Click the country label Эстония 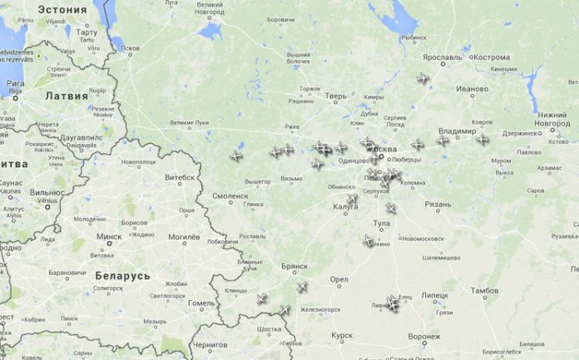tap(61, 10)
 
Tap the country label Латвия tap(67, 96)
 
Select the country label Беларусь tap(122, 275)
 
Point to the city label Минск tap(108, 236)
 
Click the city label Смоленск tap(230, 196)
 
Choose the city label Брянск tap(294, 268)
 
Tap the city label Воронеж tap(424, 337)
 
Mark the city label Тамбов tap(484, 291)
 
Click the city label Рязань tap(438, 204)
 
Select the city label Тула tap(382, 224)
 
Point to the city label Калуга tap(345, 207)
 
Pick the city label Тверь tap(336, 96)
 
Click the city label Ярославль tap(442, 58)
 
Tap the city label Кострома tap(492, 58)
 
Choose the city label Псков tap(130, 48)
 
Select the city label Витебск tap(180, 177)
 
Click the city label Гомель tap(200, 303)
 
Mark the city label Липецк tap(434, 294)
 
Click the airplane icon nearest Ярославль tap(423, 79)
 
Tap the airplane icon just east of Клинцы tap(262, 298)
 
